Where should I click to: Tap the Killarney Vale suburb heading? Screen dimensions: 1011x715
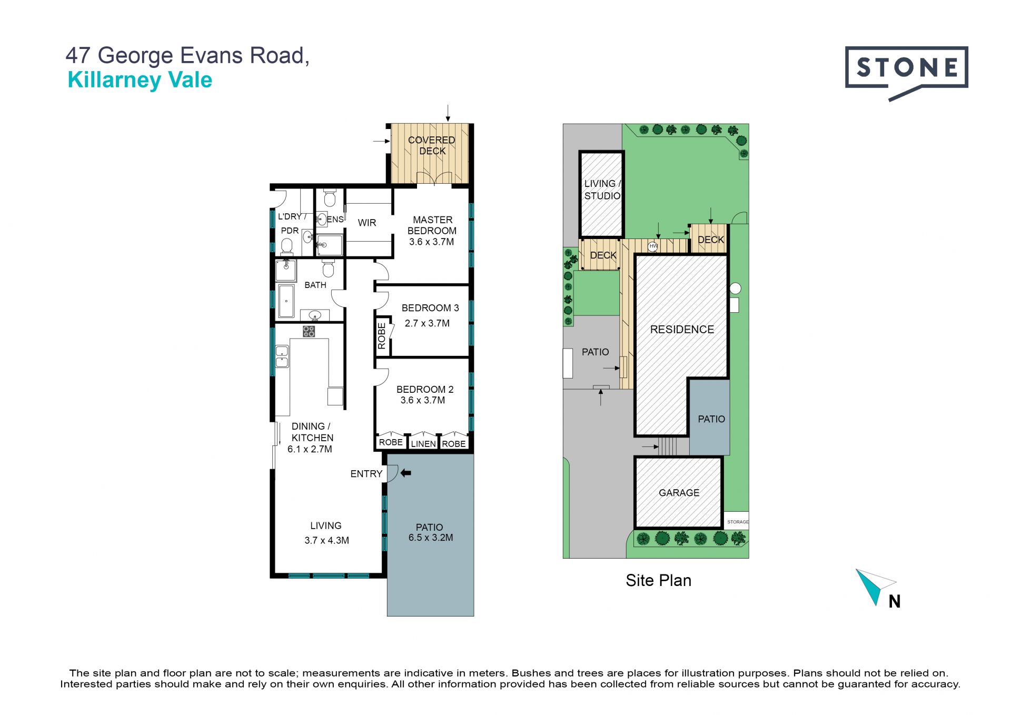140,80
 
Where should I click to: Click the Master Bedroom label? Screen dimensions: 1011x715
432,225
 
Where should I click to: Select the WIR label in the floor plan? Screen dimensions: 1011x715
367,223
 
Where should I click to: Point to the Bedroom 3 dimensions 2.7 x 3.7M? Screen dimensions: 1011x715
427,323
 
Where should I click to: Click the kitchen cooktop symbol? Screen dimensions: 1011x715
309,331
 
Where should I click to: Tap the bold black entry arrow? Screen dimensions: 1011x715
405,473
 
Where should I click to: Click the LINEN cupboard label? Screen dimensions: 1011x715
423,444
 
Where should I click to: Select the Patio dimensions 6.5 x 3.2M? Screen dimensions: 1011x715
431,538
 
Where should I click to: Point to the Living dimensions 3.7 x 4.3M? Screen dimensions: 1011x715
326,540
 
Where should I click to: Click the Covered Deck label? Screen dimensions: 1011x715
432,145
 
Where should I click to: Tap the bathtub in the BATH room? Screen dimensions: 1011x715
286,301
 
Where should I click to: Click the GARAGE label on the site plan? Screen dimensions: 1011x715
679,493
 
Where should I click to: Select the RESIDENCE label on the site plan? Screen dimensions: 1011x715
682,330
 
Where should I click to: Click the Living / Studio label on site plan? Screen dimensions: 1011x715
602,190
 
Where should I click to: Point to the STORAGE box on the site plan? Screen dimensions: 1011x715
736,521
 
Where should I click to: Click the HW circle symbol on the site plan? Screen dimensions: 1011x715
653,246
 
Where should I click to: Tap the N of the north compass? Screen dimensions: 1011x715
895,601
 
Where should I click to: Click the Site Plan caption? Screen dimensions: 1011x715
659,580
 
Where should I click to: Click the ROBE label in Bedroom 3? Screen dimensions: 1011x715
382,336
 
